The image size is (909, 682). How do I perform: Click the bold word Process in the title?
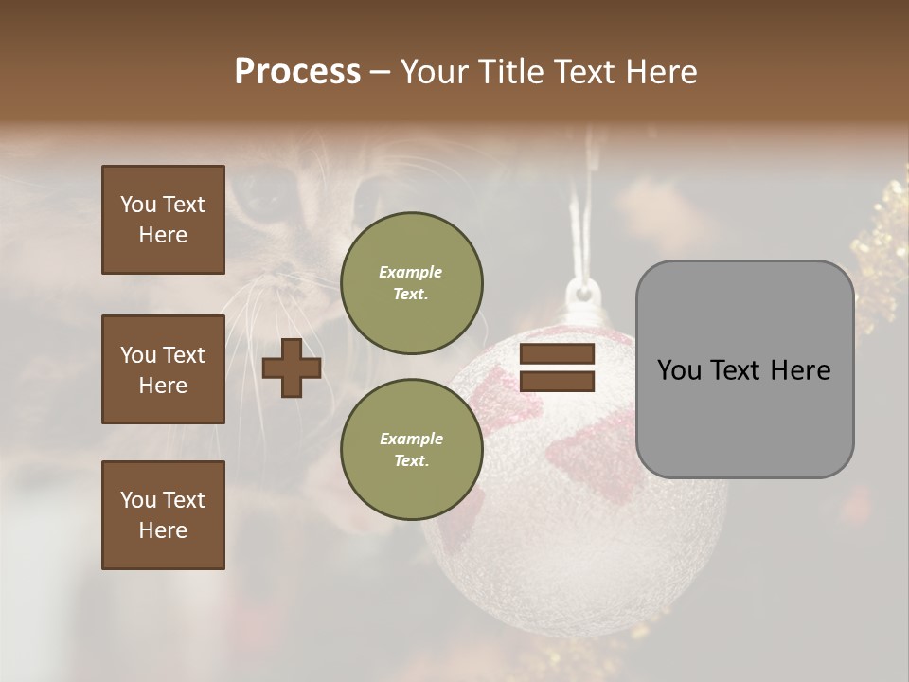tap(297, 72)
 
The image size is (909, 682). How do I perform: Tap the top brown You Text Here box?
tap(163, 220)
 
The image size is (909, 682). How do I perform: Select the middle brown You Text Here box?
tap(163, 369)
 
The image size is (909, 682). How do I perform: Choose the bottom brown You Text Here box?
tap(163, 514)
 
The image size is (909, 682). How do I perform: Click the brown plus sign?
tap(292, 368)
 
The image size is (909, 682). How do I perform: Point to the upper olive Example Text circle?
tap(411, 282)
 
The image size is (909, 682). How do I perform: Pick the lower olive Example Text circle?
tap(411, 449)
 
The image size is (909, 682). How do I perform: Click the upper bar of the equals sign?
tap(557, 354)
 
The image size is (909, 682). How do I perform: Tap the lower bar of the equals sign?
tap(557, 381)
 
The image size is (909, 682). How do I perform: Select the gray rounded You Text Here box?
tap(744, 369)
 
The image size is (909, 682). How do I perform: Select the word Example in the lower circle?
tap(411, 439)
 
